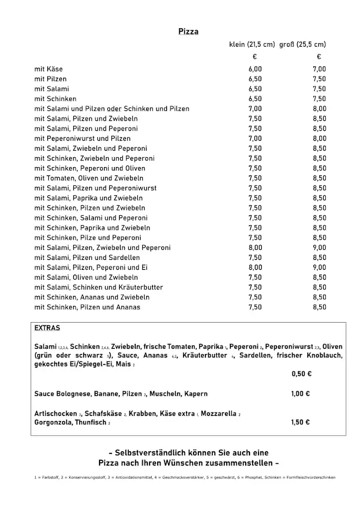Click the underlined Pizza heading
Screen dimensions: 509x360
[188, 32]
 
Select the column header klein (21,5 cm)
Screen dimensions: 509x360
[252, 44]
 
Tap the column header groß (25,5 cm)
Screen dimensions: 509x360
[302, 44]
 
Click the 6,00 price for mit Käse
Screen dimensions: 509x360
[255, 69]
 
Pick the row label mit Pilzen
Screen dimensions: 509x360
[50, 79]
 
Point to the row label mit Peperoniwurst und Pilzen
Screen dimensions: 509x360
[83, 139]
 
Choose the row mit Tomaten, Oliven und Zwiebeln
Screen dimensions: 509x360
[89, 178]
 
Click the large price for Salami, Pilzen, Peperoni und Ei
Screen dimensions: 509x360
[319, 267]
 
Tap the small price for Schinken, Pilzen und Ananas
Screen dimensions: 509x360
[255, 307]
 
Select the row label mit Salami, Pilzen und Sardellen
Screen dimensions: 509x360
[87, 257]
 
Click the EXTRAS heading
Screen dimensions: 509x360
[47, 328]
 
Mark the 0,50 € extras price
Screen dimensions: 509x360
[301, 374]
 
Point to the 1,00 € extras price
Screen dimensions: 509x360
[300, 394]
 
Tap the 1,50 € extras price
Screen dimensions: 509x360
[300, 423]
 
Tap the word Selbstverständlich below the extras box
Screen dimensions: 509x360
[156, 453]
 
